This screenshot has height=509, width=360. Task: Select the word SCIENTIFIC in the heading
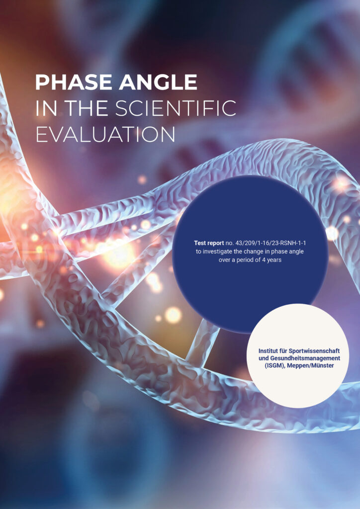[176, 108]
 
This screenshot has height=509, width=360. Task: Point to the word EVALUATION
[105, 134]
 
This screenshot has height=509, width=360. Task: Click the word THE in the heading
[86, 108]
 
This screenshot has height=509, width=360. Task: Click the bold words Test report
[209, 243]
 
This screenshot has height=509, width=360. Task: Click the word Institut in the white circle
[268, 351]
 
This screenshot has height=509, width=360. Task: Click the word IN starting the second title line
[46, 108]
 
